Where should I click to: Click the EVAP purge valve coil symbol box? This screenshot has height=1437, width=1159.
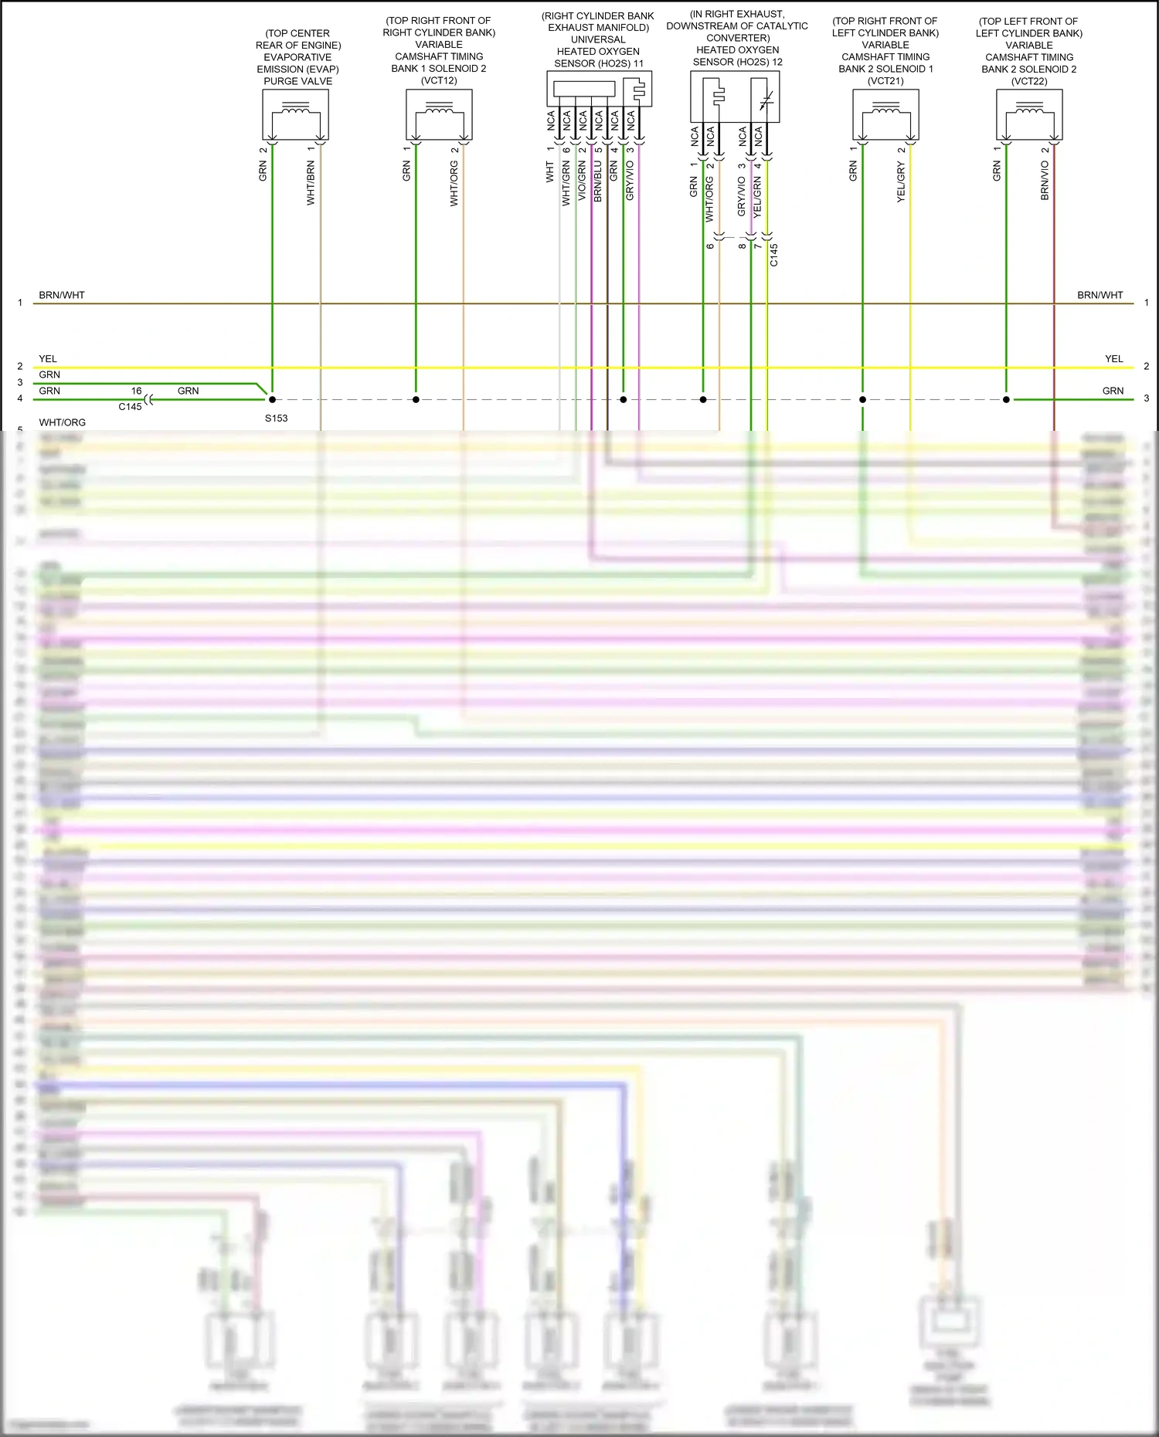pyautogui.click(x=296, y=114)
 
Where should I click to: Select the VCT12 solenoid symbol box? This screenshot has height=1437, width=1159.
pyautogui.click(x=439, y=114)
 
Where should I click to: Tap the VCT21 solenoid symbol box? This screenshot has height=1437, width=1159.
pyautogui.click(x=885, y=114)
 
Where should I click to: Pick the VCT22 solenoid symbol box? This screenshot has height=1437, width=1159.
pyautogui.click(x=1029, y=114)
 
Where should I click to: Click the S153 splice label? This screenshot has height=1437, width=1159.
pyautogui.click(x=276, y=418)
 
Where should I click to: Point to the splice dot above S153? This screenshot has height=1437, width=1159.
pyautogui.click(x=272, y=399)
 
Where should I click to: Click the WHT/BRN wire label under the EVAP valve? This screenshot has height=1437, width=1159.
pyautogui.click(x=311, y=183)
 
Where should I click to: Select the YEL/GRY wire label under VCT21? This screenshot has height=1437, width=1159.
pyautogui.click(x=901, y=183)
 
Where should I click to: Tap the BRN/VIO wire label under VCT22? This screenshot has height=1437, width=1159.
pyautogui.click(x=1045, y=181)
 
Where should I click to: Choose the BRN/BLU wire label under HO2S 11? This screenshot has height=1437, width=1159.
pyautogui.click(x=598, y=181)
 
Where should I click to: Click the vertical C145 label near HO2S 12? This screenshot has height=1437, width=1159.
pyautogui.click(x=774, y=255)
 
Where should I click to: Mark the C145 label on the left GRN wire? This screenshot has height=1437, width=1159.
pyautogui.click(x=130, y=407)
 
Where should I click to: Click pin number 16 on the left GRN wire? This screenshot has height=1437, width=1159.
pyautogui.click(x=136, y=391)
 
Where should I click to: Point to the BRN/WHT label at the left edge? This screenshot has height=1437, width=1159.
pyautogui.click(x=62, y=295)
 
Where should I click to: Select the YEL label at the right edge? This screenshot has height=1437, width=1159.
pyautogui.click(x=1113, y=358)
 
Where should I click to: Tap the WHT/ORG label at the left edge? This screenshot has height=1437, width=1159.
pyautogui.click(x=63, y=422)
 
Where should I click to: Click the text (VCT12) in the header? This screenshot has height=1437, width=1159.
pyautogui.click(x=439, y=80)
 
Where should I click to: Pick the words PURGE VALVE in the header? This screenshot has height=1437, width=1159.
pyautogui.click(x=298, y=81)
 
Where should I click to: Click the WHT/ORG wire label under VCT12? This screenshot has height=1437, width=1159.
pyautogui.click(x=454, y=183)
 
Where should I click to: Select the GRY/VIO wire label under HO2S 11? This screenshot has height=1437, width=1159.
pyautogui.click(x=630, y=181)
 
